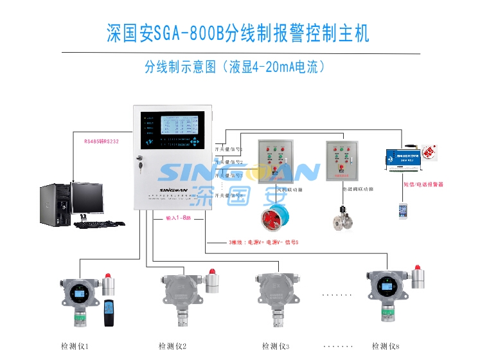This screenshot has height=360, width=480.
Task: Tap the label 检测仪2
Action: pyautogui.click(x=172, y=346)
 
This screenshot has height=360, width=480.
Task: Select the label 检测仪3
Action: pyautogui.click(x=276, y=346)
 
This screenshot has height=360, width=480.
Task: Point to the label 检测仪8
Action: pyautogui.click(x=385, y=346)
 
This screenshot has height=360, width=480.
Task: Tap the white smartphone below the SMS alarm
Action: pyautogui.click(x=403, y=210)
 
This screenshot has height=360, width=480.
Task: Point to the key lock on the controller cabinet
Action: pyautogui.click(x=139, y=164)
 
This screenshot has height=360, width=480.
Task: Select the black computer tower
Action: pyautogui.click(x=54, y=205)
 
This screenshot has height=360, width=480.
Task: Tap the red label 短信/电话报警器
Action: pyautogui.click(x=423, y=184)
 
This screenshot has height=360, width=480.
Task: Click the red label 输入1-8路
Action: pyautogui.click(x=179, y=219)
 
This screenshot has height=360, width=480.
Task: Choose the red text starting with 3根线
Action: pyautogui.click(x=263, y=242)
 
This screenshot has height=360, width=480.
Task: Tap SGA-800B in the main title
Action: pyautogui.click(x=188, y=33)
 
